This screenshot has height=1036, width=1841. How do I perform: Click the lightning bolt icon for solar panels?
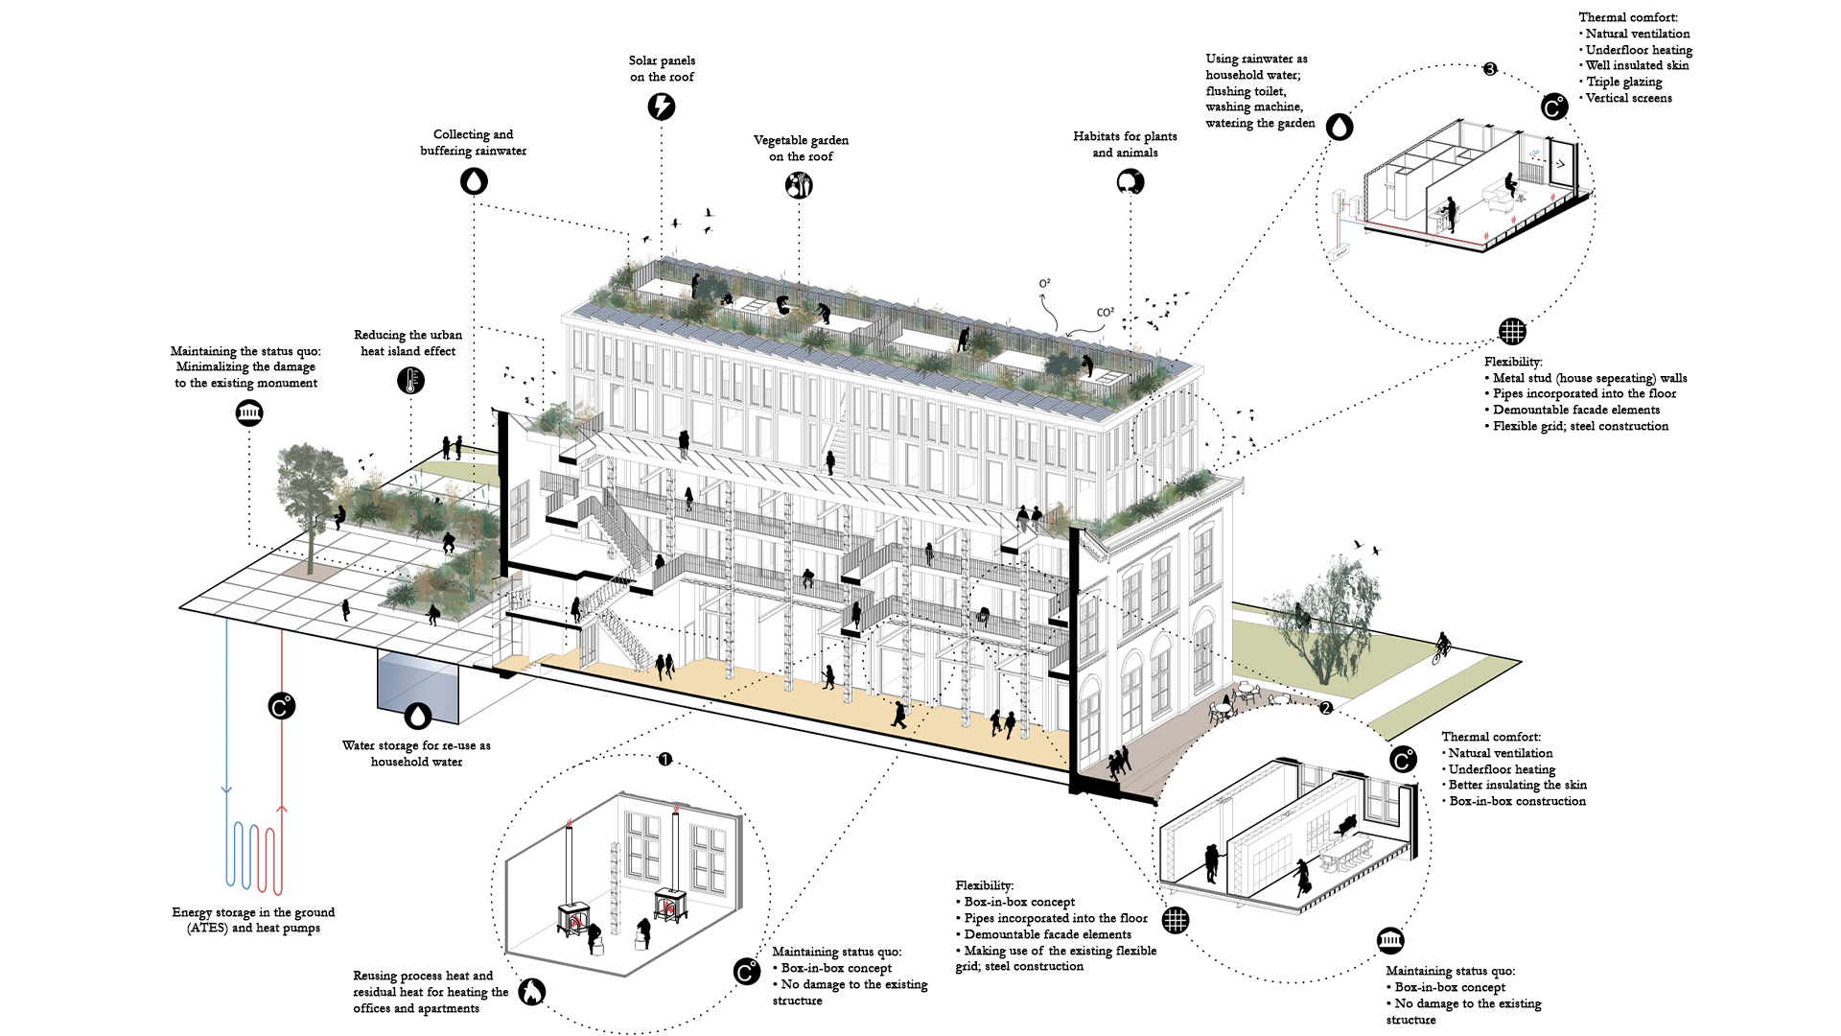coord(662,106)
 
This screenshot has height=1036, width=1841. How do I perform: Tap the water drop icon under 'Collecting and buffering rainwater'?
coord(474,180)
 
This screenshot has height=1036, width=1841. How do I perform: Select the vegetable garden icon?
coord(799,185)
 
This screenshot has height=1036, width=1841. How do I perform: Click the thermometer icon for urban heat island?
coord(410,381)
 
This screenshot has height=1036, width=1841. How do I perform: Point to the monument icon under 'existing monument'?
coord(249,413)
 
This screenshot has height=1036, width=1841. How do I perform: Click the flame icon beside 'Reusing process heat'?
coord(531,992)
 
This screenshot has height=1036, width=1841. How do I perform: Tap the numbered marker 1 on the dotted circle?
coord(664,759)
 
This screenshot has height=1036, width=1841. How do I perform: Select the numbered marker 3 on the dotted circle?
coord(1490,69)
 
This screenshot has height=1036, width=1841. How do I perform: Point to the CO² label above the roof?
coord(1105,313)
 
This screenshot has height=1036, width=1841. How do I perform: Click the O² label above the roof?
coord(1044,284)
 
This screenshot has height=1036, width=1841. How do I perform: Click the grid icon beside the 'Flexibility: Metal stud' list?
coord(1512,332)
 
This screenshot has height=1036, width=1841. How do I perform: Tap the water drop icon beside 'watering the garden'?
coord(1340,127)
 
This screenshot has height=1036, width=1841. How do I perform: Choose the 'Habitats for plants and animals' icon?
coord(1130,181)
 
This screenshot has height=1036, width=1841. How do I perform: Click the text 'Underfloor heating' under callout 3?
coord(1639,50)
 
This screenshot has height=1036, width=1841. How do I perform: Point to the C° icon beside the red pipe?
coord(281,707)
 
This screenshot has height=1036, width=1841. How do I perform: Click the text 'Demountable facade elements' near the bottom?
coord(1047,934)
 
